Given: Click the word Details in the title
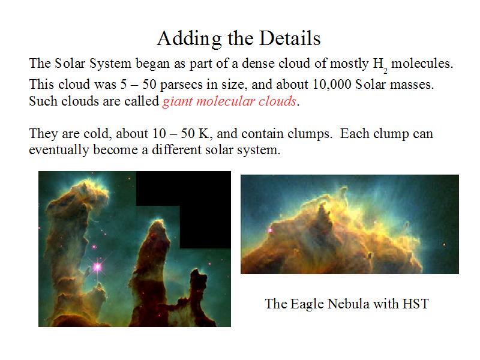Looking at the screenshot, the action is tap(290, 38).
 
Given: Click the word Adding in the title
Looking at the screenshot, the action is tap(190, 39).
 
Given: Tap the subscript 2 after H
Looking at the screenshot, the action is tap(385, 71).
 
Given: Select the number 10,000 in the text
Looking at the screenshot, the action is tap(332, 85).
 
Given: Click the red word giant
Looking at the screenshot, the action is tap(178, 101).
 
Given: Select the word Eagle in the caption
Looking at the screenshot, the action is tap(307, 305).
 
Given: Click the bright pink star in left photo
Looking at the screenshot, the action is tap(97, 267).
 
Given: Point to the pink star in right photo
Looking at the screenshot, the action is tap(271, 230).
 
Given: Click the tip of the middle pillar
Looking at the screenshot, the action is tap(159, 221).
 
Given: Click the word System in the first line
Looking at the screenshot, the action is tap(110, 64).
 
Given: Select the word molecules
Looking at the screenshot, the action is tap(422, 64).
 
